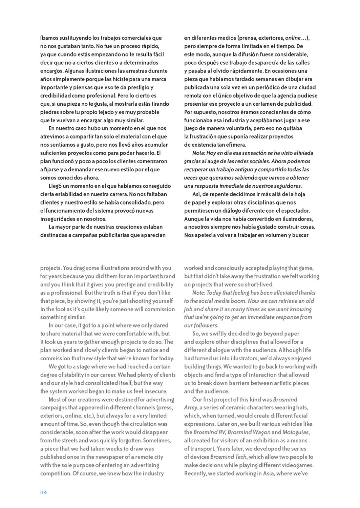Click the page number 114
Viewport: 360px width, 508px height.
(x=43, y=492)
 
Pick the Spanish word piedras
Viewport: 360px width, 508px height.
(x=49, y=112)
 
